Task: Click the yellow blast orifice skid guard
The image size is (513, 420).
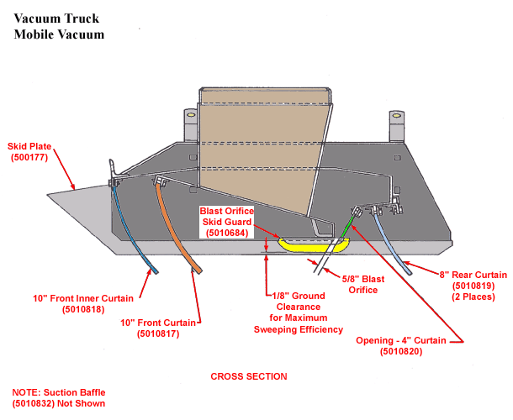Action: click(x=314, y=244)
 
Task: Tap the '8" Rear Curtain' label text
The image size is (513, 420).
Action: click(x=474, y=275)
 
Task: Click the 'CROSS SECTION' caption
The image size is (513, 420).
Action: click(x=248, y=376)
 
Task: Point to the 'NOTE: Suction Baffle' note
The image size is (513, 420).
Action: click(x=60, y=392)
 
